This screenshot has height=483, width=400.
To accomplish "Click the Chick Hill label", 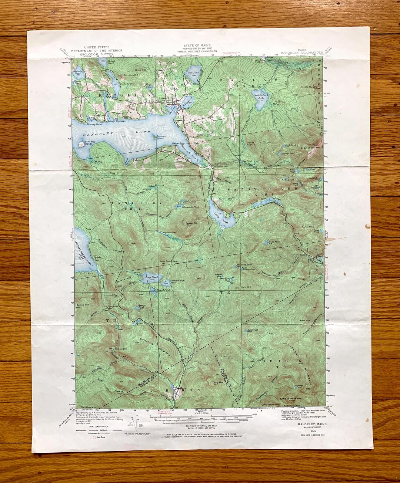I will click(140, 70).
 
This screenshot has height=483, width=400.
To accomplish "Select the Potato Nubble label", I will click(309, 87).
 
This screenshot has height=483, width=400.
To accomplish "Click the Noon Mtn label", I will click(304, 320).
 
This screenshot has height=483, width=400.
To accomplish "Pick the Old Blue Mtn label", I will click(83, 407).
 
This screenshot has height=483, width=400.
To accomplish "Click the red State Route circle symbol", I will click(94, 437).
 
